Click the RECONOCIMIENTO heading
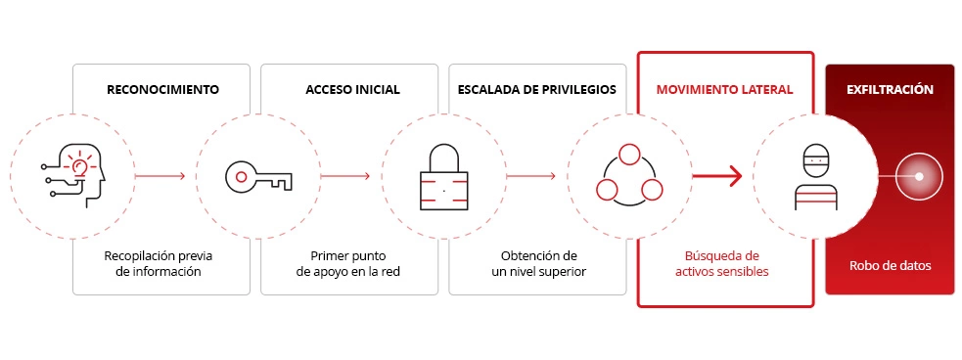[x=161, y=90]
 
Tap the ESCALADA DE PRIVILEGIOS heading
[x=536, y=90]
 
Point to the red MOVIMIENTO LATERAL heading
[x=724, y=90]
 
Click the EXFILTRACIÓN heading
[x=889, y=90]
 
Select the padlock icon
[x=443, y=176]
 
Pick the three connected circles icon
[x=629, y=176]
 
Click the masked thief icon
[x=816, y=177]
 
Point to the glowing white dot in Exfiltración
[x=919, y=177]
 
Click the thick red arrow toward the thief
[x=716, y=177]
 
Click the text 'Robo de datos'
[x=889, y=265]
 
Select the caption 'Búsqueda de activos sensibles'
[x=722, y=263]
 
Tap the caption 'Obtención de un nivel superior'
[x=538, y=263]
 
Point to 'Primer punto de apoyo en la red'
[x=349, y=263]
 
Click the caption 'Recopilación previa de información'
[x=159, y=263]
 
